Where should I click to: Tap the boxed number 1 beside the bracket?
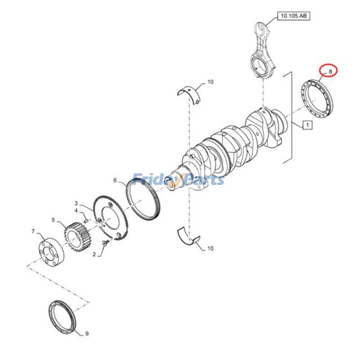coord(306,125)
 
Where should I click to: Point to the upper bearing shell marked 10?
coord(189,92)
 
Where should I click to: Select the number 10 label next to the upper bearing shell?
coord(210,82)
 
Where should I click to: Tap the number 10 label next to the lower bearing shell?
coord(210,248)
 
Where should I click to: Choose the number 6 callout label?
coord(115,181)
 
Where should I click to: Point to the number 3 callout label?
coord(76,203)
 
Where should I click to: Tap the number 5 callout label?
coord(53,220)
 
